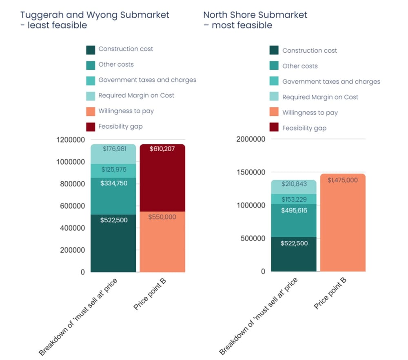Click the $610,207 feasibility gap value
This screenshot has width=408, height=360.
click(x=162, y=149)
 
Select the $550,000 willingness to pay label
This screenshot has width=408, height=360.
click(x=162, y=217)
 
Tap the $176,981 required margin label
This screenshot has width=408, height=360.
click(x=115, y=149)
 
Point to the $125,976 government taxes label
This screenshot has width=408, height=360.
click(x=115, y=169)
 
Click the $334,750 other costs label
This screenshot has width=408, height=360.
click(x=114, y=183)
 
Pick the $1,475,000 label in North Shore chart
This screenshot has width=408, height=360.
click(x=343, y=180)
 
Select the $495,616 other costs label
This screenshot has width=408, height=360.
click(x=294, y=210)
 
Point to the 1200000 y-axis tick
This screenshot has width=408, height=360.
click(x=70, y=140)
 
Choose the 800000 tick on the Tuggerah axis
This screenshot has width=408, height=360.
click(x=72, y=184)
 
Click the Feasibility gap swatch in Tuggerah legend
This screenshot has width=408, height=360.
click(x=91, y=126)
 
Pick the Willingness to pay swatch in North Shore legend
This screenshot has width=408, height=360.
click(x=274, y=113)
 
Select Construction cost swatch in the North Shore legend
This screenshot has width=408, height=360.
click(x=274, y=51)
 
